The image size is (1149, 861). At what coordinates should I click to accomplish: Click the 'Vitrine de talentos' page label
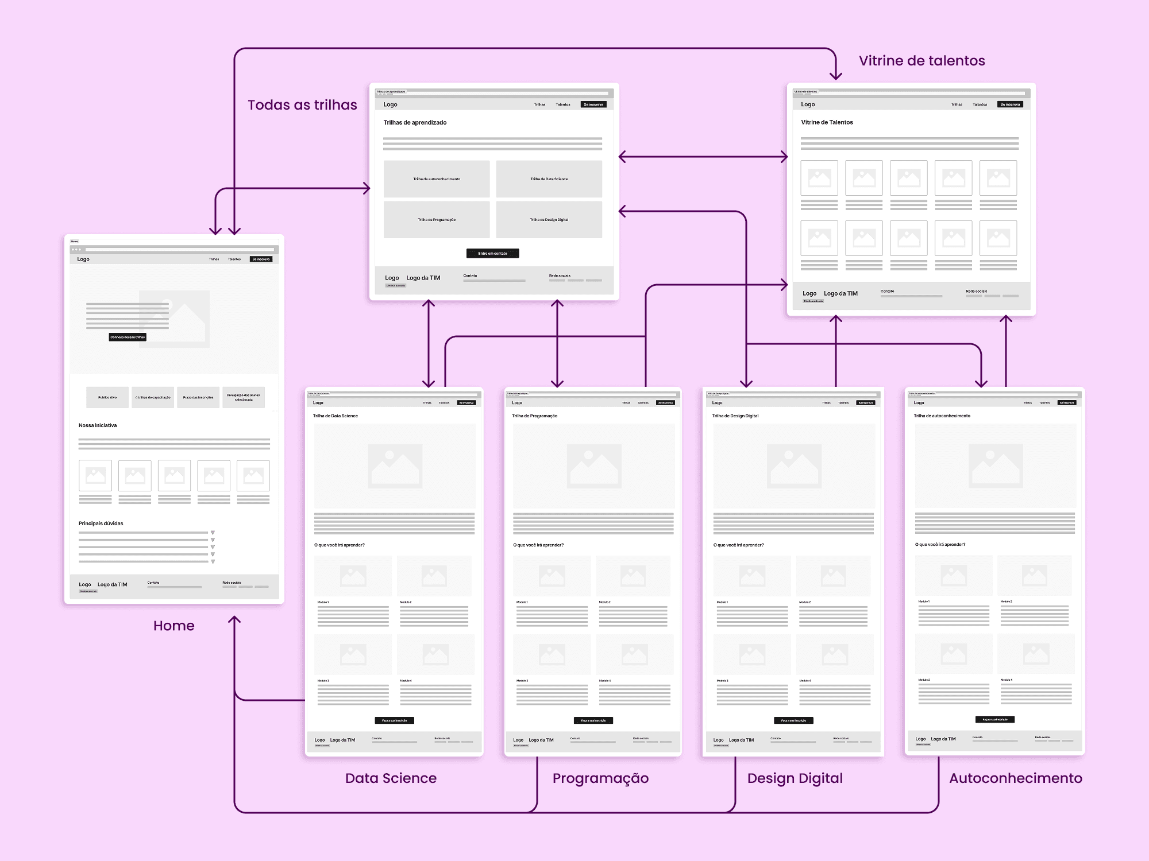pos(921,61)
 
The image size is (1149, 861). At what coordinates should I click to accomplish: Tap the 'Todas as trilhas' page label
pos(302,105)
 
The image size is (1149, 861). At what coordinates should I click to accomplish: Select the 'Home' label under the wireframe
pos(173,626)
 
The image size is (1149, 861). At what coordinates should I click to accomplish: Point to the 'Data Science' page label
pos(391,778)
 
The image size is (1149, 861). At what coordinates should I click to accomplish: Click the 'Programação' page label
pos(600,778)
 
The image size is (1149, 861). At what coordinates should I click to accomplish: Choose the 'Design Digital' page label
pos(795,778)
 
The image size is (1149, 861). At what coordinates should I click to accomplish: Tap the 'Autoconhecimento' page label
pos(1015,778)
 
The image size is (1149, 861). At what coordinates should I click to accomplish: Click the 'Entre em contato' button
pos(492,253)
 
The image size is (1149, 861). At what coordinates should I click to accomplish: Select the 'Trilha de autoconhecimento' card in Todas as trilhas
pos(437,179)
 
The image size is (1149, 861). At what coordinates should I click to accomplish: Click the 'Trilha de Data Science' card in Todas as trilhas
pos(549,179)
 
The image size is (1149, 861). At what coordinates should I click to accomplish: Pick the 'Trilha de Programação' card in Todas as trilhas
pos(437,220)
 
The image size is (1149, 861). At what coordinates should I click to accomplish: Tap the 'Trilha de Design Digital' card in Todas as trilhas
pos(549,220)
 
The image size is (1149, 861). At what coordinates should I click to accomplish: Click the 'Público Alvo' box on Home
pos(107,397)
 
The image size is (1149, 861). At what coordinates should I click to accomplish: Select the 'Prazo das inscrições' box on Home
pos(198,397)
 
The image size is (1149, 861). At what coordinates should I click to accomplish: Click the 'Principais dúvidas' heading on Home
pos(101,523)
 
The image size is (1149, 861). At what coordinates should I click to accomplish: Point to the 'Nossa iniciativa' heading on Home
pos(98,425)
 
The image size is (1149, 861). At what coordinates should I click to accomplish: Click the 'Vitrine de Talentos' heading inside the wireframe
pos(827,122)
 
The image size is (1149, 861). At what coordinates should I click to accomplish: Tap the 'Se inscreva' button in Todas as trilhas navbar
pos(593,104)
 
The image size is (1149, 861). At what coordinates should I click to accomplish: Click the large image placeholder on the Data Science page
pos(395,466)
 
